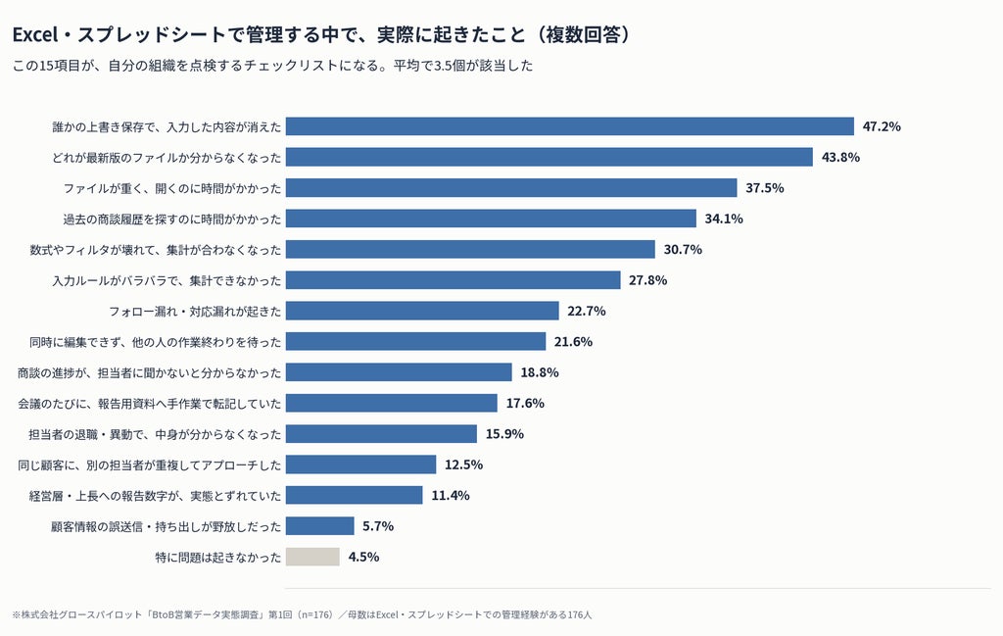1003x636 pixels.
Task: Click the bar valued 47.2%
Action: (x=570, y=126)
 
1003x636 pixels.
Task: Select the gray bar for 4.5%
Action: (x=312, y=557)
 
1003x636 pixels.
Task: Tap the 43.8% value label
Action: (x=840, y=158)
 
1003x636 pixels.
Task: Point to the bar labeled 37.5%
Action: (x=511, y=187)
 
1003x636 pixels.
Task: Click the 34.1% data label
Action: (x=724, y=219)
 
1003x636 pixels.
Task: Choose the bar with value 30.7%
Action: (x=471, y=249)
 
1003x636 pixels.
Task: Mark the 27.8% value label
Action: (x=648, y=280)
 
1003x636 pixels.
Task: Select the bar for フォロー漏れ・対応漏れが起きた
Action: (x=422, y=311)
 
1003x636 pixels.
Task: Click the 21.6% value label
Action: (x=573, y=342)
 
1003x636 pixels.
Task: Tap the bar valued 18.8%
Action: (x=400, y=372)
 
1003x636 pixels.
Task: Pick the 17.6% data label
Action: (x=525, y=403)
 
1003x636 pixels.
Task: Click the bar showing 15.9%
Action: (x=381, y=434)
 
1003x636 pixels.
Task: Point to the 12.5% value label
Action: (x=463, y=465)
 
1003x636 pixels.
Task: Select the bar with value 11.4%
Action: (x=355, y=495)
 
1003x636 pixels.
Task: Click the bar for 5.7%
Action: (x=320, y=526)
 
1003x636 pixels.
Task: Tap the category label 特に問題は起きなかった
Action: (x=218, y=558)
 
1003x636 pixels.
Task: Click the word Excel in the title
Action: (x=35, y=34)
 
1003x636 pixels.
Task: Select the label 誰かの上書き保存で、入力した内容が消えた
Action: (x=167, y=126)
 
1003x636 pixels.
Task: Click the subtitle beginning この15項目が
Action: (x=272, y=66)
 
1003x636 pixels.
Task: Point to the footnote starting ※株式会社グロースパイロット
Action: (x=302, y=614)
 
